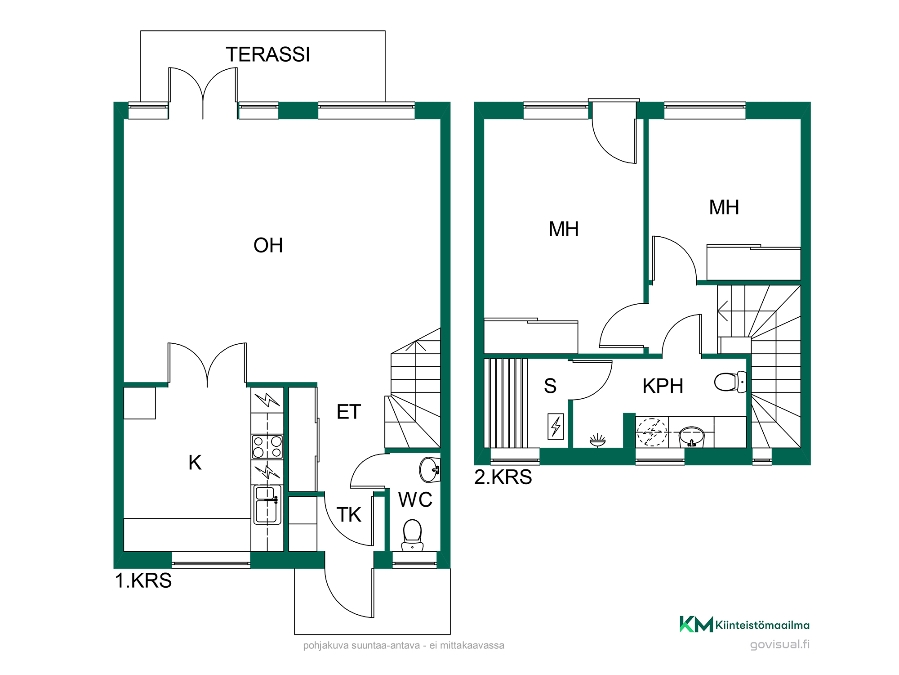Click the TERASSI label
pyautogui.click(x=268, y=54)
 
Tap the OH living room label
pyautogui.click(x=268, y=245)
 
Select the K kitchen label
pyautogui.click(x=195, y=463)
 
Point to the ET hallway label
pyautogui.click(x=349, y=412)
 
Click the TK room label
pyautogui.click(x=349, y=514)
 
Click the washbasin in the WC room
pyautogui.click(x=430, y=470)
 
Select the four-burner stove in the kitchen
pyautogui.click(x=267, y=446)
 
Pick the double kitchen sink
pyautogui.click(x=267, y=504)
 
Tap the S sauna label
pyautogui.click(x=550, y=386)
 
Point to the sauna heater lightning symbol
pyautogui.click(x=556, y=426)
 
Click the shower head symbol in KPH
pyautogui.click(x=597, y=440)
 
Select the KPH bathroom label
pyautogui.click(x=663, y=386)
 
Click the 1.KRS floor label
pyautogui.click(x=143, y=580)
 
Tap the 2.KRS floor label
pyautogui.click(x=503, y=477)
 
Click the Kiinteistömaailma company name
pyautogui.click(x=762, y=625)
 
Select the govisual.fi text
pyautogui.click(x=780, y=644)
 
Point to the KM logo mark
pyautogui.click(x=696, y=624)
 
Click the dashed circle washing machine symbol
pyautogui.click(x=652, y=432)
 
